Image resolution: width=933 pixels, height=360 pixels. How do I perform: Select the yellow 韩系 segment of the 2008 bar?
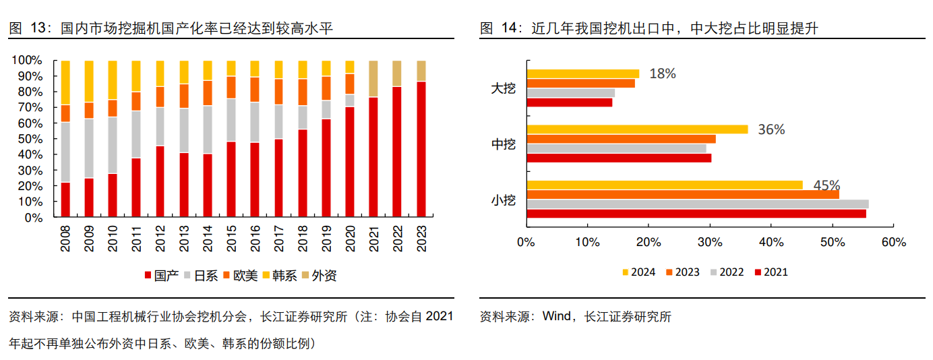[x=65, y=82]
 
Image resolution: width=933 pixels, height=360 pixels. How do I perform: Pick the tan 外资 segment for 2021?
[x=373, y=78]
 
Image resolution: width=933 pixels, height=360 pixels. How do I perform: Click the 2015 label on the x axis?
[x=231, y=238]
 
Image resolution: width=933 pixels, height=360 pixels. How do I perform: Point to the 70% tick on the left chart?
[x=28, y=107]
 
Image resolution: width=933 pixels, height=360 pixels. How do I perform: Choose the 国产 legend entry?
[x=162, y=275]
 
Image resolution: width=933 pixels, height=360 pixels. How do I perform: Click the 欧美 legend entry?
[x=240, y=275]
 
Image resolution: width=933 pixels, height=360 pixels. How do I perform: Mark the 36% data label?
[x=771, y=129]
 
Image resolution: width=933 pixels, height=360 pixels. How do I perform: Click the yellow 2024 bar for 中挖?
[x=637, y=129]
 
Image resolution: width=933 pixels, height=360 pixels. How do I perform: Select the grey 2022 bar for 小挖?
[x=697, y=204]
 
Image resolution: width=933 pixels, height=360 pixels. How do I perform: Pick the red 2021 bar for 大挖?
[x=570, y=102]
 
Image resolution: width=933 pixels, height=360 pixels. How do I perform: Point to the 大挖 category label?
[x=503, y=88]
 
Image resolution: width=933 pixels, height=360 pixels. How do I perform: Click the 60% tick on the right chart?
[x=893, y=241]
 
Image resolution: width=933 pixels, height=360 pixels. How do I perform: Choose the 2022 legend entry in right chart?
[x=726, y=272]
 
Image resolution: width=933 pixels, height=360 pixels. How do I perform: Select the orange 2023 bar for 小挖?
[x=682, y=194]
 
